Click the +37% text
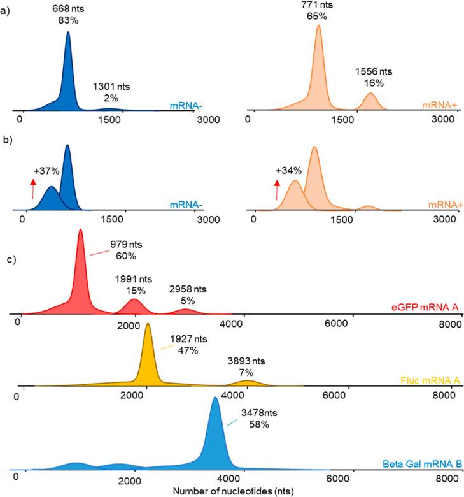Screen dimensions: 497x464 click(x=45, y=171)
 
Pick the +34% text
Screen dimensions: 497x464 click(x=288, y=171)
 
